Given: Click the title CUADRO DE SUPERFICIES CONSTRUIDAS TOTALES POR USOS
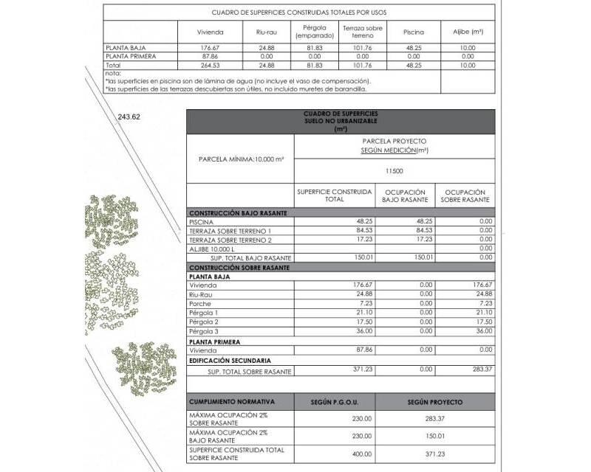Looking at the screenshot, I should pyautogui.click(x=299, y=13).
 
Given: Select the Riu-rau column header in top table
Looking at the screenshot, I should pyautogui.click(x=266, y=32).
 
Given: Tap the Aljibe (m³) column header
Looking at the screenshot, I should pyautogui.click(x=468, y=32).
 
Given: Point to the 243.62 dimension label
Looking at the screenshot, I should pyautogui.click(x=129, y=117).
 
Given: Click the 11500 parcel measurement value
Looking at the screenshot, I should pyautogui.click(x=394, y=170).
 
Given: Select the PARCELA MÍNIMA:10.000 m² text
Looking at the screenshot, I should pyautogui.click(x=239, y=159).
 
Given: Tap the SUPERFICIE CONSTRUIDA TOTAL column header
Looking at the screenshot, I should pyautogui.click(x=335, y=196).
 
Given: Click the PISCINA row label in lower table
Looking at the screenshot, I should pyautogui.click(x=202, y=221).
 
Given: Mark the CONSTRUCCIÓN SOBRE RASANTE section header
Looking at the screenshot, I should pyautogui.click(x=235, y=267).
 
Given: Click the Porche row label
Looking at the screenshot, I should pyautogui.click(x=200, y=304).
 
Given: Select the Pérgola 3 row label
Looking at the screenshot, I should pyautogui.click(x=205, y=331).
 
